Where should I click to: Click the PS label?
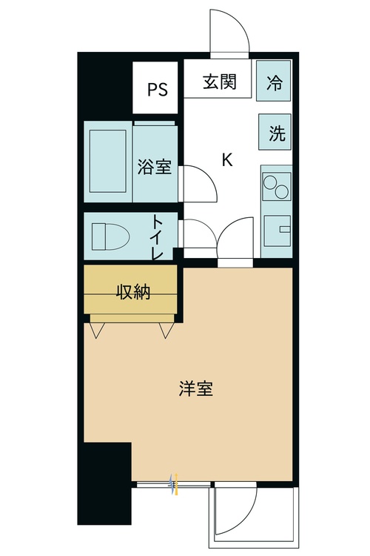(x=157, y=90)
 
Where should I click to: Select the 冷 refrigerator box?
(x=275, y=82)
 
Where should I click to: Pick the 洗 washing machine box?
(x=276, y=133)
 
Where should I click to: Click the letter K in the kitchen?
(x=227, y=159)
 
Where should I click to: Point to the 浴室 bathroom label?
(x=155, y=168)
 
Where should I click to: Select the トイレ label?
(x=158, y=237)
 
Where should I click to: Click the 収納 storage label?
(x=132, y=292)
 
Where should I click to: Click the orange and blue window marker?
(x=174, y=485)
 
